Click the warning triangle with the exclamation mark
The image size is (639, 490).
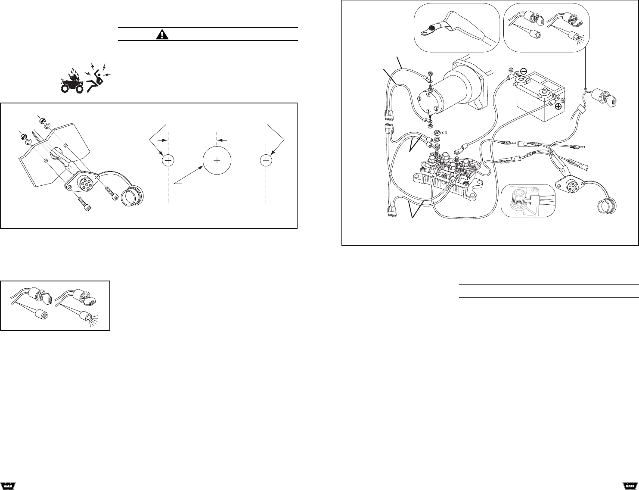point(162,35)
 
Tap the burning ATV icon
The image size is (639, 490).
point(72,82)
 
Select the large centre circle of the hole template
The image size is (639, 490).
point(217,161)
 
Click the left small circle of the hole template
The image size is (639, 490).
point(168,161)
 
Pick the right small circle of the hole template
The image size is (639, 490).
point(266,161)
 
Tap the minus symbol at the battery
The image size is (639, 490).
point(523,71)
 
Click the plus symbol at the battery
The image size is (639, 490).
point(558,106)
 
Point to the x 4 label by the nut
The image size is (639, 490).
point(444,132)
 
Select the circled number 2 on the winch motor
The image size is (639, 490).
point(428,95)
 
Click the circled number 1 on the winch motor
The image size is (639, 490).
point(428,111)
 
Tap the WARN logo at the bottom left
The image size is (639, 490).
point(8,485)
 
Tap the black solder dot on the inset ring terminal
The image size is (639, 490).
point(431,28)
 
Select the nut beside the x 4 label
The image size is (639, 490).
point(437,132)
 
